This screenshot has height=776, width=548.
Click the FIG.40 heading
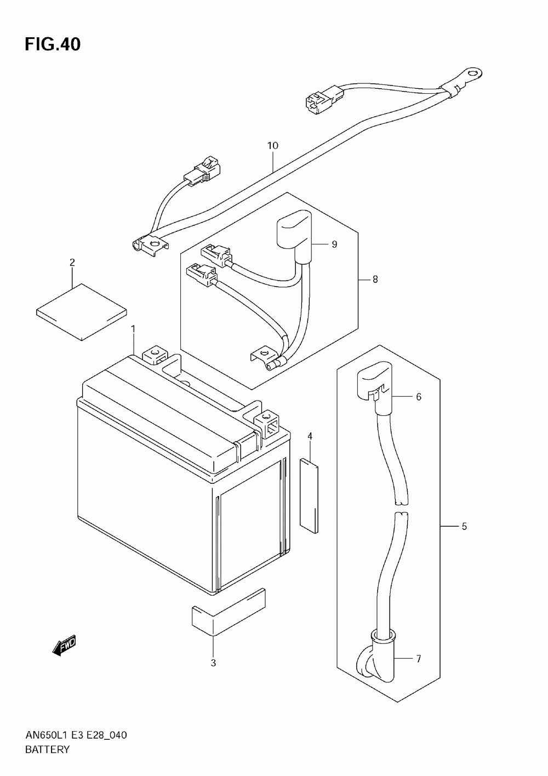53,44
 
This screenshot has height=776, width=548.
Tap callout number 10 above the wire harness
272,146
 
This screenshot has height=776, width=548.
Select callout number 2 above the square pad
72,263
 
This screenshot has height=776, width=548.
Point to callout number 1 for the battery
133,328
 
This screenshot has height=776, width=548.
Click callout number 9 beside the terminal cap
334,244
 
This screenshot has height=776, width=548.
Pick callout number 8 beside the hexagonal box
375,279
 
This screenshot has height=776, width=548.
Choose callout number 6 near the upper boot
419,397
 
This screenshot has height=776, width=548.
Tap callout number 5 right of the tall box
464,526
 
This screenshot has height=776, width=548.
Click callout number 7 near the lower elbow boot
419,659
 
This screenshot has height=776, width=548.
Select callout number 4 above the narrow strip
310,436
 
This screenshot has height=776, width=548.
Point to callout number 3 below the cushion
213,663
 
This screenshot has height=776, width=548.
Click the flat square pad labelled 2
82,312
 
